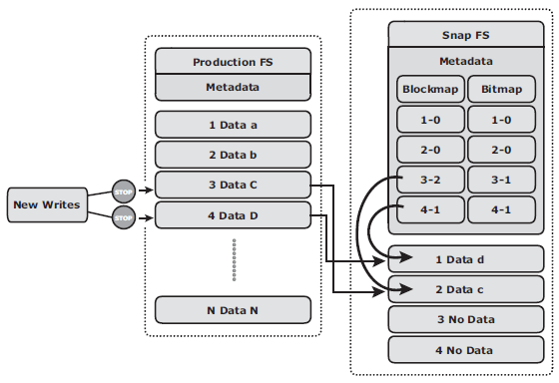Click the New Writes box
tap(47, 204)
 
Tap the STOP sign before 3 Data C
tap(124, 191)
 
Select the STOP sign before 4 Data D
tap(124, 217)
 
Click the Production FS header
tap(233, 62)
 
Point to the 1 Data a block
tap(233, 125)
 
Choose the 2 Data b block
tap(233, 155)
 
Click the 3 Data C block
tap(233, 185)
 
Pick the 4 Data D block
tap(233, 215)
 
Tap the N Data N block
tap(233, 310)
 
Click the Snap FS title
tap(466, 35)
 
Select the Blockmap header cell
tap(430, 89)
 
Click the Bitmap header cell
tap(501, 89)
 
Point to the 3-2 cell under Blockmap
tap(430, 180)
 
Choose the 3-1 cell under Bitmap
tap(501, 180)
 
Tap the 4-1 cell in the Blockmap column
tap(430, 209)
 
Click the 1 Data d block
tap(466, 259)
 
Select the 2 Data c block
tap(466, 289)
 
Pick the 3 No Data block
tap(466, 319)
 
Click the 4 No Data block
tap(466, 350)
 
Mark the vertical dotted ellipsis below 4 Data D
tap(234, 259)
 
